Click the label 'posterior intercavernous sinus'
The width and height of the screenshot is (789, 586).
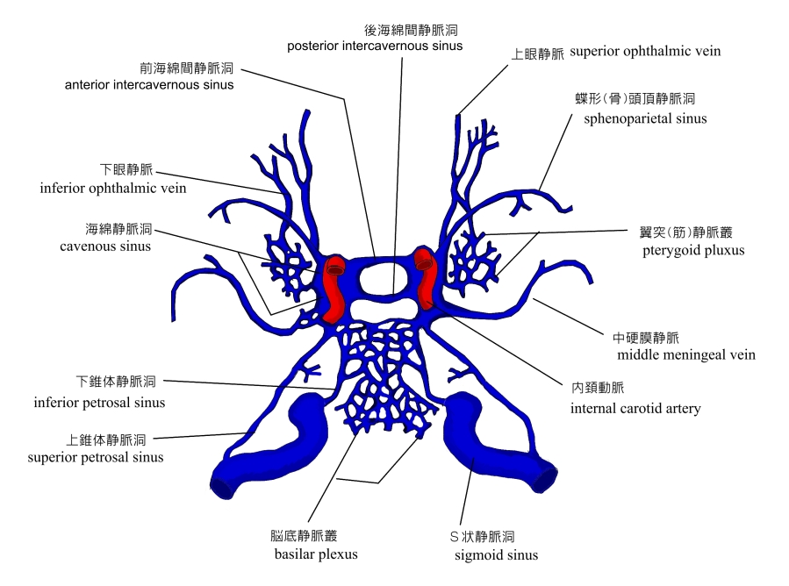click(x=375, y=46)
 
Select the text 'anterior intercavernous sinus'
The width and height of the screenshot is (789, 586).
click(x=149, y=84)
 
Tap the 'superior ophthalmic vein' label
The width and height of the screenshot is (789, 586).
click(x=645, y=51)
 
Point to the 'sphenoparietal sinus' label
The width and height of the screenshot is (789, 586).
click(x=645, y=118)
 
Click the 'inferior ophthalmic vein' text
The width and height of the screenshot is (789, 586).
click(x=113, y=188)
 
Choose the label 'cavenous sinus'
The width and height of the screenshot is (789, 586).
click(x=105, y=247)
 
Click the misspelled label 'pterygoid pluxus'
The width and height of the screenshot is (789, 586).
click(x=693, y=251)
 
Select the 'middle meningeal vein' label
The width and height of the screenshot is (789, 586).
click(x=686, y=355)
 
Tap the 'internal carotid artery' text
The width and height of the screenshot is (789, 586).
click(x=635, y=409)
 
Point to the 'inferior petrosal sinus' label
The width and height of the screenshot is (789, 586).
click(x=100, y=403)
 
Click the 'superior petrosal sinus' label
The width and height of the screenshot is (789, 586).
click(x=96, y=457)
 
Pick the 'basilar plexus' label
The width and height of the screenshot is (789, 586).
click(x=316, y=554)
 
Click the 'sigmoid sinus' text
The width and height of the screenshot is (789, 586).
click(x=496, y=554)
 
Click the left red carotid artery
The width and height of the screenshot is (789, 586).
click(x=334, y=289)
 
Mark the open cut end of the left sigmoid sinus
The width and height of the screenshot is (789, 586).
click(x=221, y=488)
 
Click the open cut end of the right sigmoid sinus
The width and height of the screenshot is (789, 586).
click(x=546, y=481)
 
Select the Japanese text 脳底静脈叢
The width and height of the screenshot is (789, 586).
click(x=304, y=536)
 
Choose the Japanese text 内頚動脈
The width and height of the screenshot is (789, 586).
click(x=598, y=388)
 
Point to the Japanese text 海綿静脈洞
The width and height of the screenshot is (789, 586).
click(x=118, y=229)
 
